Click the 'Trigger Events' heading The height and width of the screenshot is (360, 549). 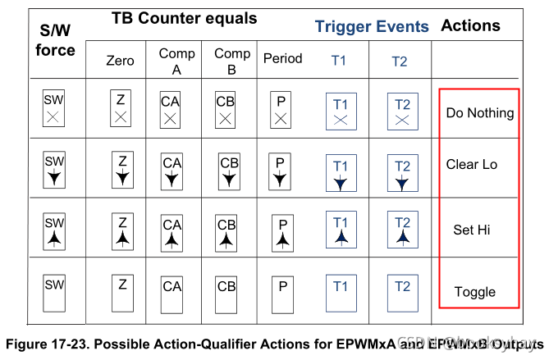point(372,26)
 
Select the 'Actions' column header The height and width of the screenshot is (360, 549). point(470,25)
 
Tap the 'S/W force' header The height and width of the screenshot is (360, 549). point(56,40)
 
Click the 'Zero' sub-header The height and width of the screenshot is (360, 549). point(120,61)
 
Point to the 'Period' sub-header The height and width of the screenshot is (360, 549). point(282,59)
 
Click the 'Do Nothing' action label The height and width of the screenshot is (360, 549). point(479,112)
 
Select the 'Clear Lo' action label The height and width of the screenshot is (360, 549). point(472,164)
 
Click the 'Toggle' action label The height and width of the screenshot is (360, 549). point(474,291)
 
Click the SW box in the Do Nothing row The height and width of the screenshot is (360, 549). point(54,109)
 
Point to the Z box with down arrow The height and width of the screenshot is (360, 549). point(121,168)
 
